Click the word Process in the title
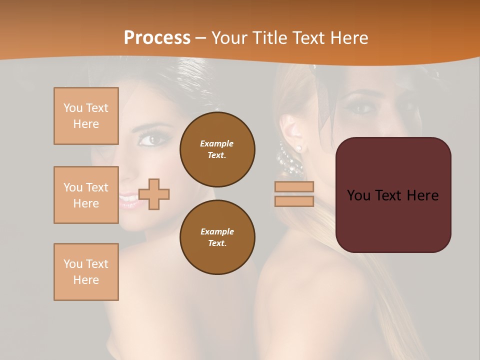point(157,38)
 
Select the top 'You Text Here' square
point(86,116)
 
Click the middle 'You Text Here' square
point(86,195)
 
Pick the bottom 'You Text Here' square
point(86,271)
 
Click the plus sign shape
point(154,194)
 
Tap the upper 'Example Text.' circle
point(217,149)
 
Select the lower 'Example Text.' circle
point(217,237)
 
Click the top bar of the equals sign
point(294,186)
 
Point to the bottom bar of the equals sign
point(294,201)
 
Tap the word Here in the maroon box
point(422,195)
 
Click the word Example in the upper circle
point(216,143)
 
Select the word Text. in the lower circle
point(216,243)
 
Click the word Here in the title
point(348,38)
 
